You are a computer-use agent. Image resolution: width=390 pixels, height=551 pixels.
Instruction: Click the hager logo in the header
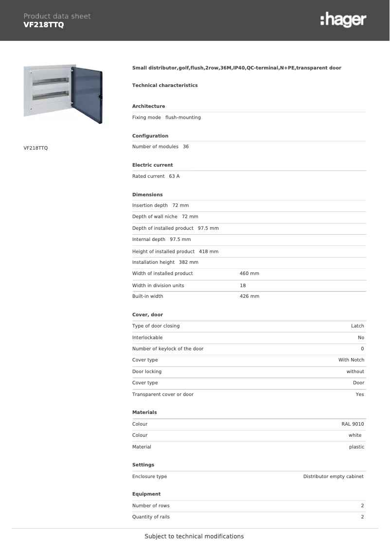tap(343, 20)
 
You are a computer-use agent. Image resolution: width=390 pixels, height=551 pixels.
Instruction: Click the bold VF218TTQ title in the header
tap(44, 24)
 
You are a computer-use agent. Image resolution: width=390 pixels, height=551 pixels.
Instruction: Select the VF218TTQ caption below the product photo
tap(35, 148)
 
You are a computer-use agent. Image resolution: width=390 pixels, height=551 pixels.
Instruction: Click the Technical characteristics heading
tap(165, 86)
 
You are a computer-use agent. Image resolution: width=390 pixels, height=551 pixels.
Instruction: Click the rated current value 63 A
tap(174, 176)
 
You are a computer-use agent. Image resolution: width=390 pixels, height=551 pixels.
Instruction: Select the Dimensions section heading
tap(147, 195)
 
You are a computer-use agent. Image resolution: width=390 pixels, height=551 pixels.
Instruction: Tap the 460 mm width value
tap(249, 274)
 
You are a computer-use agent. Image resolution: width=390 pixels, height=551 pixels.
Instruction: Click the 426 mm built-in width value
tap(249, 296)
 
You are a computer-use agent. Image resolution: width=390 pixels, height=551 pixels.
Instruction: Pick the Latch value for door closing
tap(357, 326)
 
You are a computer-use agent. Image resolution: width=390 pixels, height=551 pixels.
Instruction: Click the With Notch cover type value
tap(351, 360)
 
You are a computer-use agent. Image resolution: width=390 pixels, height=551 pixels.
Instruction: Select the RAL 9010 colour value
tap(353, 424)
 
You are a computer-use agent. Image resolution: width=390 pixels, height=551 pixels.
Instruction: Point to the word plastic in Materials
tap(356, 447)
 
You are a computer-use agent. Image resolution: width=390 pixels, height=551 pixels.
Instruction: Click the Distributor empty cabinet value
tap(333, 477)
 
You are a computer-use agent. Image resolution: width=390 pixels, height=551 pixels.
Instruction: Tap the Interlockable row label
tap(147, 338)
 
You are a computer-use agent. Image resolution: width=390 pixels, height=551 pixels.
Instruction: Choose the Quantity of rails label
tap(151, 517)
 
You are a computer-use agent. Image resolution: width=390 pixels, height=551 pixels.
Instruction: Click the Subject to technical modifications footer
tap(194, 536)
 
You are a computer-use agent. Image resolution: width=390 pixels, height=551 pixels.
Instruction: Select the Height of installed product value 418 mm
tap(209, 252)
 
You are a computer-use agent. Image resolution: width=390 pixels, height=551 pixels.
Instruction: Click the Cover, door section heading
tap(147, 315)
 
